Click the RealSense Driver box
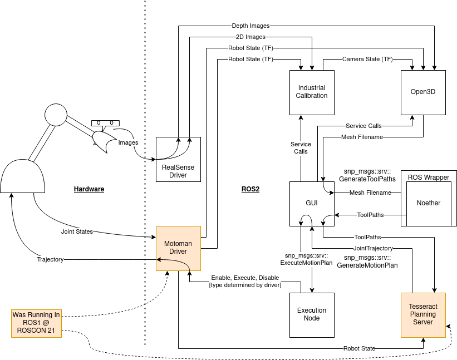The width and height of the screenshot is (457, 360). coord(178,159)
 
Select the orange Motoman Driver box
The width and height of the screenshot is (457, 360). coord(178,249)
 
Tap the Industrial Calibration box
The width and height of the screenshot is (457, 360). coord(312,92)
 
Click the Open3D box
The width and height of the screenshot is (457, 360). coord(423,92)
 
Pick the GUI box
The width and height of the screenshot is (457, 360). coord(312,204)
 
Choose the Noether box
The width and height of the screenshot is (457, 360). coord(429,204)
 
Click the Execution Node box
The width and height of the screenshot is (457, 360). coord(312,315)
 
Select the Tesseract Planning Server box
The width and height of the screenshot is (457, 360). coord(423,315)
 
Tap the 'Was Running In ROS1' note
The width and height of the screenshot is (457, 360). coord(36,323)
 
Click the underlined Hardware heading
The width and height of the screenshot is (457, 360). coord(89,189)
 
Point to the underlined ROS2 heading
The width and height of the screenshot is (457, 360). coord(250,189)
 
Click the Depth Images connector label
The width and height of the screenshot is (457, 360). coord(250,26)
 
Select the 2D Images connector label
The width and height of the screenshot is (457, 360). coord(250,37)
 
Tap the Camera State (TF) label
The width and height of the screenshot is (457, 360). coord(367,59)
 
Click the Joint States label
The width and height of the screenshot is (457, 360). coord(77,231)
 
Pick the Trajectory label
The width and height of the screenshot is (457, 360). coord(50,259)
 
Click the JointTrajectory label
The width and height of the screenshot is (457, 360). coord(373,249)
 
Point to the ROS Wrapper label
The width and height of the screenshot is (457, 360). coord(429,177)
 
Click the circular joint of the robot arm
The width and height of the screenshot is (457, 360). coord(56,115)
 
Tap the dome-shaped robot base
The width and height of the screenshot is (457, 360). coord(22,176)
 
